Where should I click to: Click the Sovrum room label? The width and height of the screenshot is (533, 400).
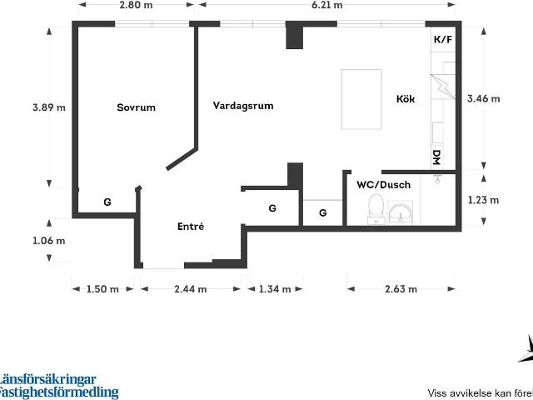click(x=136, y=107)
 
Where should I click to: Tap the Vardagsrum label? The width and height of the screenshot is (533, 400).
click(x=243, y=106)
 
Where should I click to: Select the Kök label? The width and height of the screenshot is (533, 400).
click(x=406, y=98)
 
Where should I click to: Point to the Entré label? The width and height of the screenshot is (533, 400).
click(x=191, y=226)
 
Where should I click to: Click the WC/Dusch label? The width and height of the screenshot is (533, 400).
click(x=383, y=185)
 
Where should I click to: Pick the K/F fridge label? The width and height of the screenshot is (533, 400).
click(x=443, y=39)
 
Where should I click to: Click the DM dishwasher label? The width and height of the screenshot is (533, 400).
click(x=437, y=157)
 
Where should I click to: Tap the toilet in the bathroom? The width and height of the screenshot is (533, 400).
click(x=376, y=209)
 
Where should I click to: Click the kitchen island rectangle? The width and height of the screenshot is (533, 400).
click(x=361, y=99)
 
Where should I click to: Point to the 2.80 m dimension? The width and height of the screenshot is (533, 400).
click(x=136, y=5)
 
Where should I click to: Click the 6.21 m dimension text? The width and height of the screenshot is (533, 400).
click(x=327, y=5)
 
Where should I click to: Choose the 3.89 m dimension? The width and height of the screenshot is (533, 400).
click(x=49, y=107)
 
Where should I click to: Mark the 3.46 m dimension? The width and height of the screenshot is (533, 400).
click(x=483, y=98)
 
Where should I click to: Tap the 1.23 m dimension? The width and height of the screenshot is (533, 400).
click(x=483, y=200)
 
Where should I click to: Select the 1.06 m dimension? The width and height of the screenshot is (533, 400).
click(x=48, y=241)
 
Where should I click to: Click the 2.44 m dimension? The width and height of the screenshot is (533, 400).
click(x=191, y=289)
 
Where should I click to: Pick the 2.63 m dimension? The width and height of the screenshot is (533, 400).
click(x=401, y=289)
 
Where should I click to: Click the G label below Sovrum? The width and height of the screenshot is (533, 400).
click(x=107, y=202)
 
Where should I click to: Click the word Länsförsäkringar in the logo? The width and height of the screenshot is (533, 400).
click(x=47, y=380)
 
